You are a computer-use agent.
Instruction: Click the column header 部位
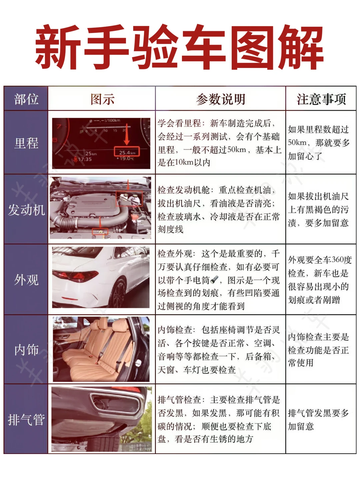26,99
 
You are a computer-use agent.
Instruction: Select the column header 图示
102,99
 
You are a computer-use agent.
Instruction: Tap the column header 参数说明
220,99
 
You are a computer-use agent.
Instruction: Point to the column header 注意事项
321,99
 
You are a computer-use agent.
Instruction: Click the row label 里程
26,143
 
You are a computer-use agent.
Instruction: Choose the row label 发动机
26,210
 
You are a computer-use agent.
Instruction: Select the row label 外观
26,280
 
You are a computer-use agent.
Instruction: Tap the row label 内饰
26,349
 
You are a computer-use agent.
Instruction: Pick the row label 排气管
26,419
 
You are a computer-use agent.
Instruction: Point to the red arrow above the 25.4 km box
127,134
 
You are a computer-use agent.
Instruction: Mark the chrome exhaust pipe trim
115,402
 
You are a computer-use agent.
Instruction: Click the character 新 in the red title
57,47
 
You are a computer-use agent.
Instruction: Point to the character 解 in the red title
301,47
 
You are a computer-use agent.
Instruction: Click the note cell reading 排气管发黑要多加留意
318,419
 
